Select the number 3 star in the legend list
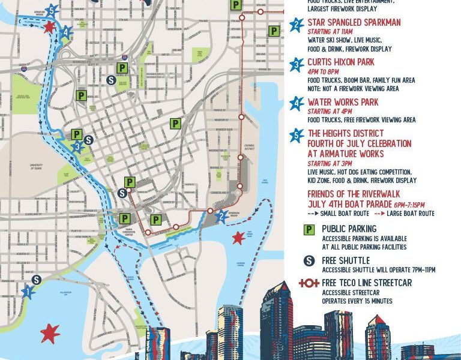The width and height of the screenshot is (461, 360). pos(296,64)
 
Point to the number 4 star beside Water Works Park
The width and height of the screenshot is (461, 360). pos(296,103)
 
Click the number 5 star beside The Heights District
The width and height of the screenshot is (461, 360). pos(296,136)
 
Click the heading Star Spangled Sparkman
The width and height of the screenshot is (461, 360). pos(354,22)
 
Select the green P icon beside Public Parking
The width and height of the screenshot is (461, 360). pos(309,229)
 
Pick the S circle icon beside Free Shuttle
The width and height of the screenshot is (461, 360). pos(309,261)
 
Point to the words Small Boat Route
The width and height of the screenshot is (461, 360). pos(347,214)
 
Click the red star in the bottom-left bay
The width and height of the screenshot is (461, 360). pos(50,331)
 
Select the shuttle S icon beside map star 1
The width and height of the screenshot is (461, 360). pos(37,280)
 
